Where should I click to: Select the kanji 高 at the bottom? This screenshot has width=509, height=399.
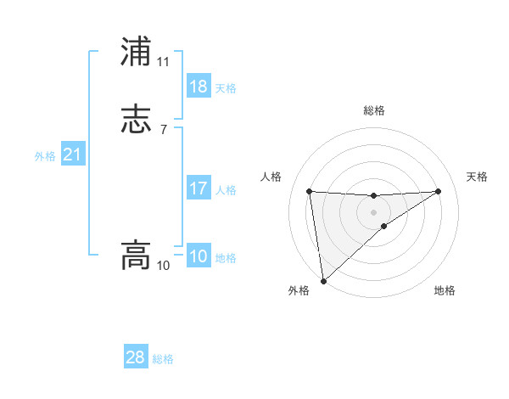pos(136,255)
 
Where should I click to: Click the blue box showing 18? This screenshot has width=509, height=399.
pos(199,87)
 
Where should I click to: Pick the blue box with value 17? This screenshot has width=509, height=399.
pos(199,188)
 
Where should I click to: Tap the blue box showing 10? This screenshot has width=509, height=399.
pos(199,256)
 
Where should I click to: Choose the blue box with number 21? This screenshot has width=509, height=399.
pos(73,155)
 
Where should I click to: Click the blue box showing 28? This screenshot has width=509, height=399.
pos(136,357)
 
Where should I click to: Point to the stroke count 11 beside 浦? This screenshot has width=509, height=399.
pos(163,62)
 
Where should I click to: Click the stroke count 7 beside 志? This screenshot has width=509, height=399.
pos(163,130)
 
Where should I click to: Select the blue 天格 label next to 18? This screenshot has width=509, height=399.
pos(226,88)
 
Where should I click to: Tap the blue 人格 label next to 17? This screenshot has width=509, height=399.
pos(226,190)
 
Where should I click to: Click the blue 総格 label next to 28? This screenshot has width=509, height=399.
pos(163,359)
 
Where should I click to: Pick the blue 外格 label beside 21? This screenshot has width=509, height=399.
pos(45,156)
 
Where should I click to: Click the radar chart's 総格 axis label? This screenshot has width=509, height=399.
pos(374,110)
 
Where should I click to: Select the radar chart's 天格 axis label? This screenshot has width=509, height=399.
pos(477,177)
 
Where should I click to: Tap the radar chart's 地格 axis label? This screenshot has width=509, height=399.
pos(445,290)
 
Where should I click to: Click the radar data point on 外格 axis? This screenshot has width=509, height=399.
pos(323,280)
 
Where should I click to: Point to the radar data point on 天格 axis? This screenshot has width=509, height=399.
pos(438,191)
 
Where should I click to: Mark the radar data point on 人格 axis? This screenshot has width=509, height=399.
pos(310,191)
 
